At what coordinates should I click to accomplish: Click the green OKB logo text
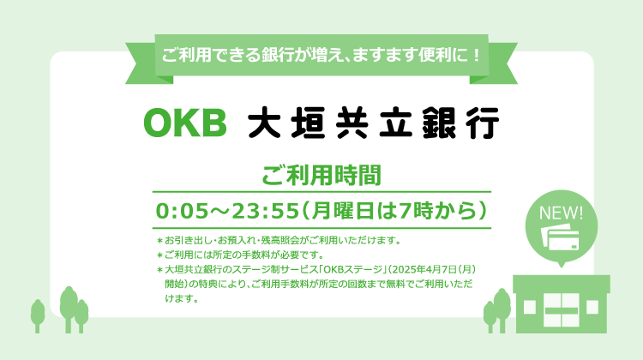tap(185, 123)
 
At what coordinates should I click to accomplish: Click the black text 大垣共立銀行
tap(374, 123)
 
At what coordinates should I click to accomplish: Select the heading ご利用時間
tap(321, 175)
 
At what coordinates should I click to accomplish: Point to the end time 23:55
tap(265, 211)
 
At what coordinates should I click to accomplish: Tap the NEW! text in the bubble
tap(561, 213)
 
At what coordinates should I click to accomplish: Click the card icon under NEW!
tap(560, 237)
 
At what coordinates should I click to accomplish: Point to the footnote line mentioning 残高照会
tap(279, 240)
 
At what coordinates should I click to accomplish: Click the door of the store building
tap(562, 310)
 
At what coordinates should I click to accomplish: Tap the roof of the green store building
tap(562, 284)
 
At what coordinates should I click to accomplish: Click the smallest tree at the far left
tap(38, 315)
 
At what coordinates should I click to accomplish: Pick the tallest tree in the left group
tap(69, 309)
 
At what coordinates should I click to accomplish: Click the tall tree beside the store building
tap(502, 310)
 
